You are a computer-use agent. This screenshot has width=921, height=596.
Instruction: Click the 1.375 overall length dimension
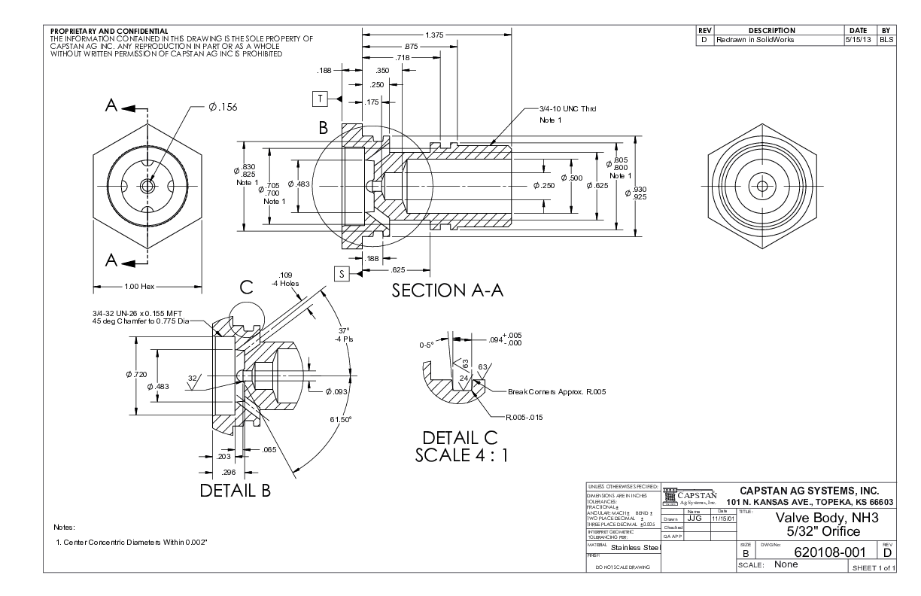433,35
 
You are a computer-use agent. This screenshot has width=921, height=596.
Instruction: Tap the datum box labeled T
321,99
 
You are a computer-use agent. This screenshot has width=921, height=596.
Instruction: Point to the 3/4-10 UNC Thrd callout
567,109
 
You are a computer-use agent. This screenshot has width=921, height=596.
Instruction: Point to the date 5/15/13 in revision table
859,38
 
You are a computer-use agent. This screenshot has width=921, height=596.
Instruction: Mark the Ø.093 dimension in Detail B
339,391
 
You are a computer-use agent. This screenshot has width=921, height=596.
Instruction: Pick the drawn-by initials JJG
695,518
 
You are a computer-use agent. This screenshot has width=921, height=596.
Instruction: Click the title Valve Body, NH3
822,518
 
